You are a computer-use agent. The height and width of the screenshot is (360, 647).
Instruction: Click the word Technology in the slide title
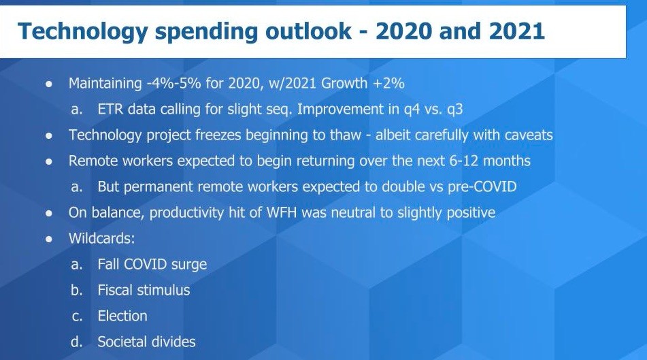point(82,32)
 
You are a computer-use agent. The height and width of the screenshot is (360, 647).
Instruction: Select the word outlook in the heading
point(308,31)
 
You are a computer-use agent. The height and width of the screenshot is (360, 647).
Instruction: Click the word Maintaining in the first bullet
point(105,84)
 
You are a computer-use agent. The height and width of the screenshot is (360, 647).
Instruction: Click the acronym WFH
point(282,212)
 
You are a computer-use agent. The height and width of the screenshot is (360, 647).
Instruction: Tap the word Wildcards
point(101,238)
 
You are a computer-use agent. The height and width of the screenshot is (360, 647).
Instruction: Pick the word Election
point(122,316)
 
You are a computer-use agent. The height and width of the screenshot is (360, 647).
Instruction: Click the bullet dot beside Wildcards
point(49,239)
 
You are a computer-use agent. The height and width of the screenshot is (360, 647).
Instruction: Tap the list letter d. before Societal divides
point(76,342)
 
